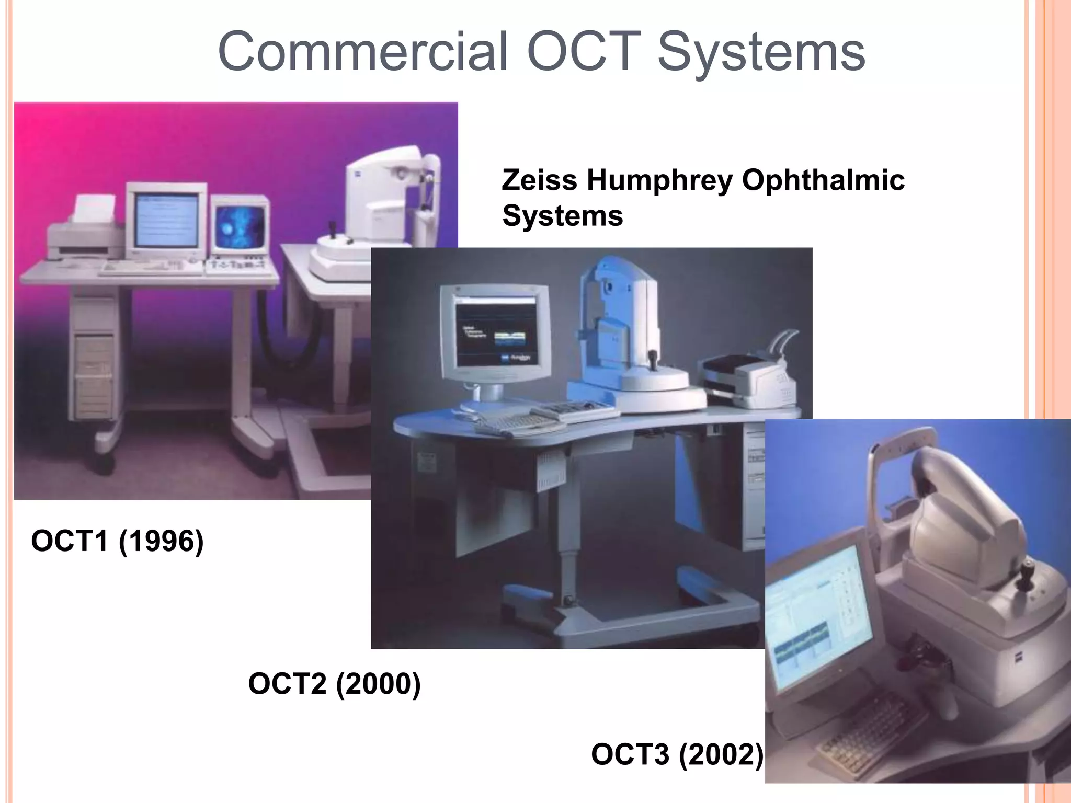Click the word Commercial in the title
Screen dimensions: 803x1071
point(362,51)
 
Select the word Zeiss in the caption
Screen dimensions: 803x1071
point(540,180)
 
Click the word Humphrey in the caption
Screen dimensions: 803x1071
point(659,180)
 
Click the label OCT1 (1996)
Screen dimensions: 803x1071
point(117,541)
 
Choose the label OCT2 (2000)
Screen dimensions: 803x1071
point(334,683)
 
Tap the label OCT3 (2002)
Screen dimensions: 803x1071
point(677,754)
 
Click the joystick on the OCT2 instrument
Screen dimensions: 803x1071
point(653,361)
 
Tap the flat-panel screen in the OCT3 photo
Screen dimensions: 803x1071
point(818,617)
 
